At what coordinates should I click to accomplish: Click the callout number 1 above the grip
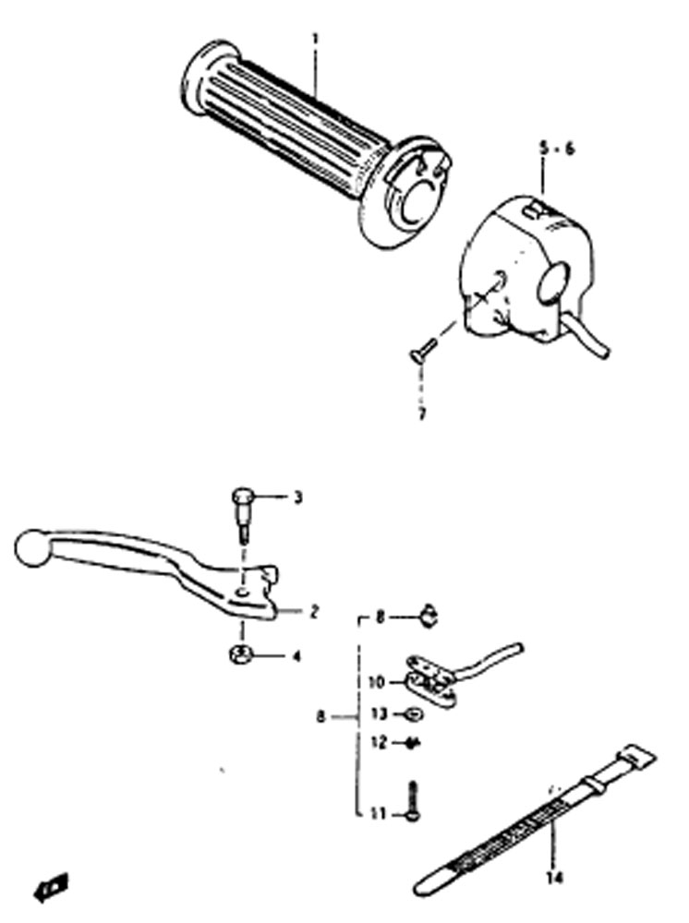(x=316, y=41)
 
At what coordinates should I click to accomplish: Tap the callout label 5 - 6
(x=557, y=149)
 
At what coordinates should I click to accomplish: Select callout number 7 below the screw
(x=421, y=414)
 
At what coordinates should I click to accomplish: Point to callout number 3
(x=298, y=498)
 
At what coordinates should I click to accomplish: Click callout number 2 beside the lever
(x=314, y=612)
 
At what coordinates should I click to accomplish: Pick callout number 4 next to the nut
(x=296, y=655)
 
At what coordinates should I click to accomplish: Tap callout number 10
(x=376, y=683)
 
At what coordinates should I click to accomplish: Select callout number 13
(x=378, y=714)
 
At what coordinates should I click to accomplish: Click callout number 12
(x=380, y=743)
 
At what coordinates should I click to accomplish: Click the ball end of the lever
(x=33, y=549)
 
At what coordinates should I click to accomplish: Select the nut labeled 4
(x=241, y=653)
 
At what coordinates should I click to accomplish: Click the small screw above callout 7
(x=422, y=348)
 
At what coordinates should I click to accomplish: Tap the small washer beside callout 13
(x=414, y=714)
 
